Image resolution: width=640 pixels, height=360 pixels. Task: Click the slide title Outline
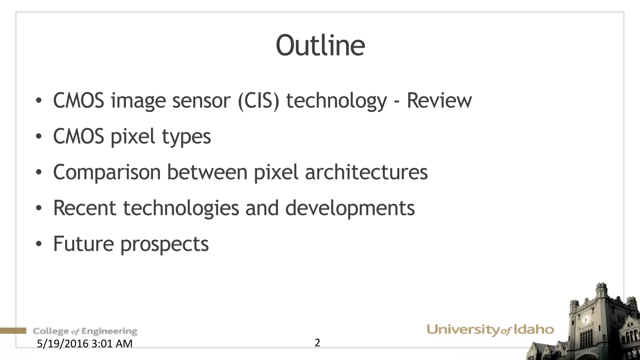[320, 46]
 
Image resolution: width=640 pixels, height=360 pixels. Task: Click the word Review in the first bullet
[439, 101]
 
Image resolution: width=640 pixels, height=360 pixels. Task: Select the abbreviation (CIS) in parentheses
[258, 101]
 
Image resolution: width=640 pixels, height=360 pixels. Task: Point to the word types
[186, 137]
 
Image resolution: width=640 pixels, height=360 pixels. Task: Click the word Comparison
[107, 172]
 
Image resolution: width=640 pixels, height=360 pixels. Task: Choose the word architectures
[366, 172]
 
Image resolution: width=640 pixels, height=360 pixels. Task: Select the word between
[207, 172]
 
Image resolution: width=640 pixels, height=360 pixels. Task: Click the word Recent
[85, 208]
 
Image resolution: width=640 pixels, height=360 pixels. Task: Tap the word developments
[350, 208]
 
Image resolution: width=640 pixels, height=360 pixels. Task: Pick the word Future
[83, 244]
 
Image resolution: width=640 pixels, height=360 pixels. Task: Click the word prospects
[165, 244]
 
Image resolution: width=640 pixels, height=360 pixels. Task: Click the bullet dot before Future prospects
[38, 244]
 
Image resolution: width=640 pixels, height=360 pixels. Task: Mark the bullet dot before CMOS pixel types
[38, 137]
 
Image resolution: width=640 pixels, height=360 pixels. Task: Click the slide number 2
[317, 343]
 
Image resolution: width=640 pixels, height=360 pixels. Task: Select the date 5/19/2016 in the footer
[63, 344]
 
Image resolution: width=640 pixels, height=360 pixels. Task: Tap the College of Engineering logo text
[85, 331]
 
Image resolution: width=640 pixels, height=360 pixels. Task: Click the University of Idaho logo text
[490, 330]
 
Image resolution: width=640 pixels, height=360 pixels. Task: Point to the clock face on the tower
[586, 320]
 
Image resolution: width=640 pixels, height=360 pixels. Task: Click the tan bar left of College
[13, 331]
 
